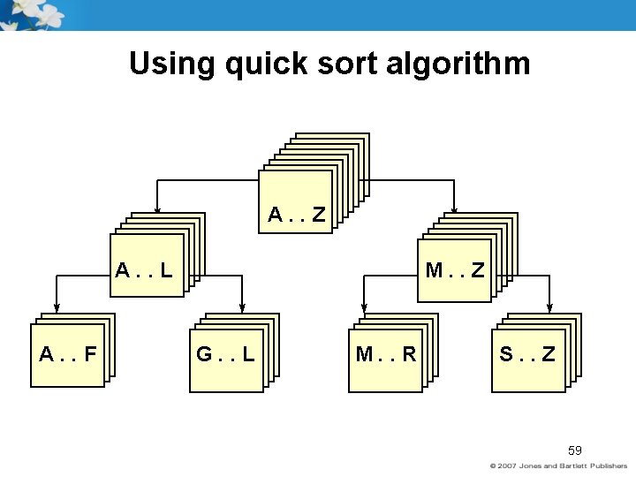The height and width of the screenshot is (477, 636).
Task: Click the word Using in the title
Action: (170, 64)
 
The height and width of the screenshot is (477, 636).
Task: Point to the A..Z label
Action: (297, 214)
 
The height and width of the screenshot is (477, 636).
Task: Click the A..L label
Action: (143, 269)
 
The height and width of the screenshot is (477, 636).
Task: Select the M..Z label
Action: (455, 269)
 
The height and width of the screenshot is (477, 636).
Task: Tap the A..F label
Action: (68, 355)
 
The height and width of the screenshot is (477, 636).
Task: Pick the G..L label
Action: (225, 355)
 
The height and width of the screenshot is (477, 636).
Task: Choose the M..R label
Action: (386, 355)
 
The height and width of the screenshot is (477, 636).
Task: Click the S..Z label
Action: (527, 355)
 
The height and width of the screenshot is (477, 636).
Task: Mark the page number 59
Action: (575, 450)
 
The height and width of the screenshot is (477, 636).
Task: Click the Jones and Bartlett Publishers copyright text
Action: (558, 466)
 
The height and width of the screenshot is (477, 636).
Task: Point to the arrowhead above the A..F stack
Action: (57, 309)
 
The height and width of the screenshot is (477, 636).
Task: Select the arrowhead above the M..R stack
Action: (362, 309)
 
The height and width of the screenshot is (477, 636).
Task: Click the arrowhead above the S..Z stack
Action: (549, 309)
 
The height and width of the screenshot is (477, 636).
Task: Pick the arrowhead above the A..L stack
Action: (157, 211)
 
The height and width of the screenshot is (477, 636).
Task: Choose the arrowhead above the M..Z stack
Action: (454, 211)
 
